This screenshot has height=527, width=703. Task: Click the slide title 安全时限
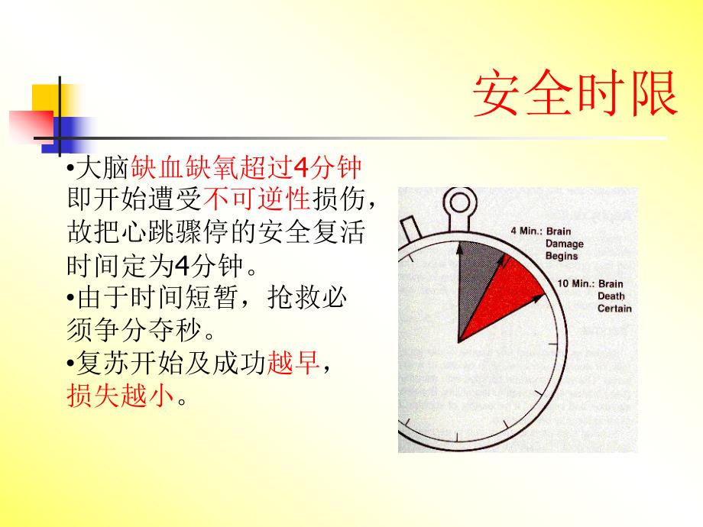click(575, 95)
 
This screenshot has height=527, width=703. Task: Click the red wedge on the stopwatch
click(508, 294)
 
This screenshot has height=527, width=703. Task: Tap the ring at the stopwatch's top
click(462, 202)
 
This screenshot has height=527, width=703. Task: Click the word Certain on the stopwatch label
click(614, 309)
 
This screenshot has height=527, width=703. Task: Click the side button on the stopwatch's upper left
click(411, 228)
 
